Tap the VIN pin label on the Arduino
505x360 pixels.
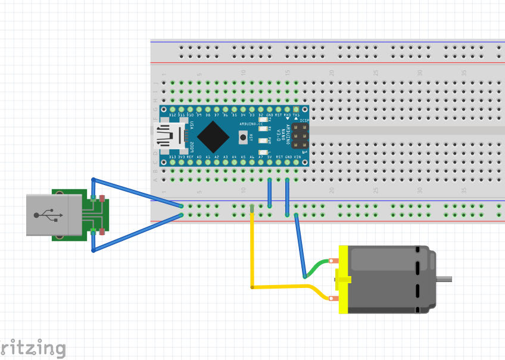pyautogui.click(x=297, y=157)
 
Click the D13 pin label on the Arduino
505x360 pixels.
pyautogui.click(x=172, y=157)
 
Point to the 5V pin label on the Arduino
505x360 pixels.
pyautogui.click(x=270, y=157)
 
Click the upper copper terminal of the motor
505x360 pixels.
pyautogui.click(x=332, y=261)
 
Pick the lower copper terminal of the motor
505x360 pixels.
pyautogui.click(x=332, y=298)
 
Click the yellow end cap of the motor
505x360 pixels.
pyautogui.click(x=342, y=279)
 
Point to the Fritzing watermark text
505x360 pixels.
pyautogui.click(x=32, y=348)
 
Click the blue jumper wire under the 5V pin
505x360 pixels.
pyautogui.click(x=270, y=192)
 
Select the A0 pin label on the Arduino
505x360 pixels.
pyautogui.click(x=199, y=157)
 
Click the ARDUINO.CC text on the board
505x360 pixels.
pyautogui.click(x=251, y=123)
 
